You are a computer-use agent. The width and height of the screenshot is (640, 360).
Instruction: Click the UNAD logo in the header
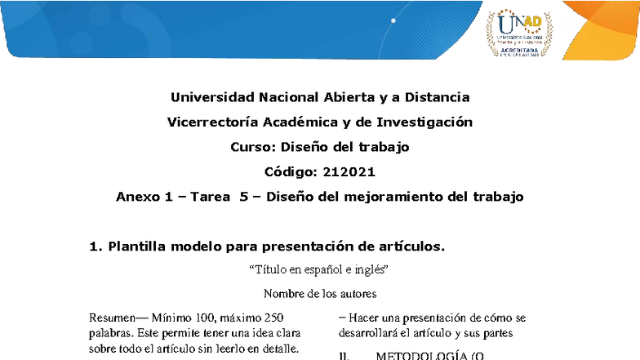(x=519, y=32)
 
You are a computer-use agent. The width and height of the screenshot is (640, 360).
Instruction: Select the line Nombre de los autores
(x=320, y=293)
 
